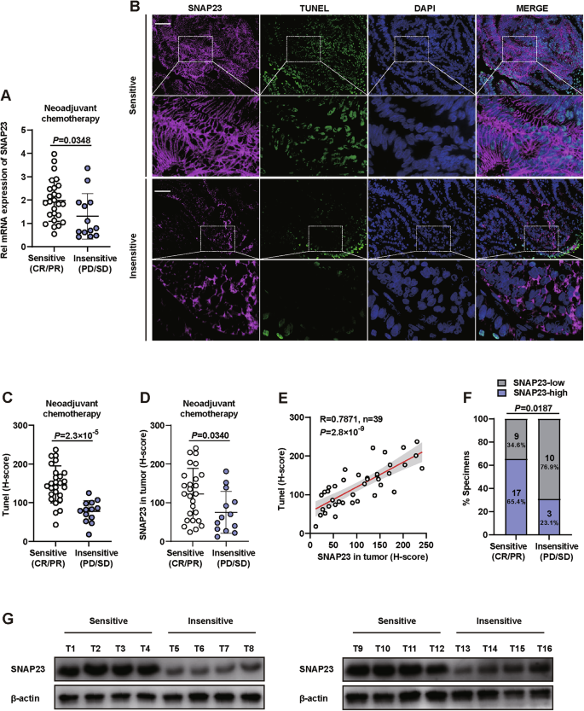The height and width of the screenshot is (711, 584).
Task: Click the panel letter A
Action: point(8,96)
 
